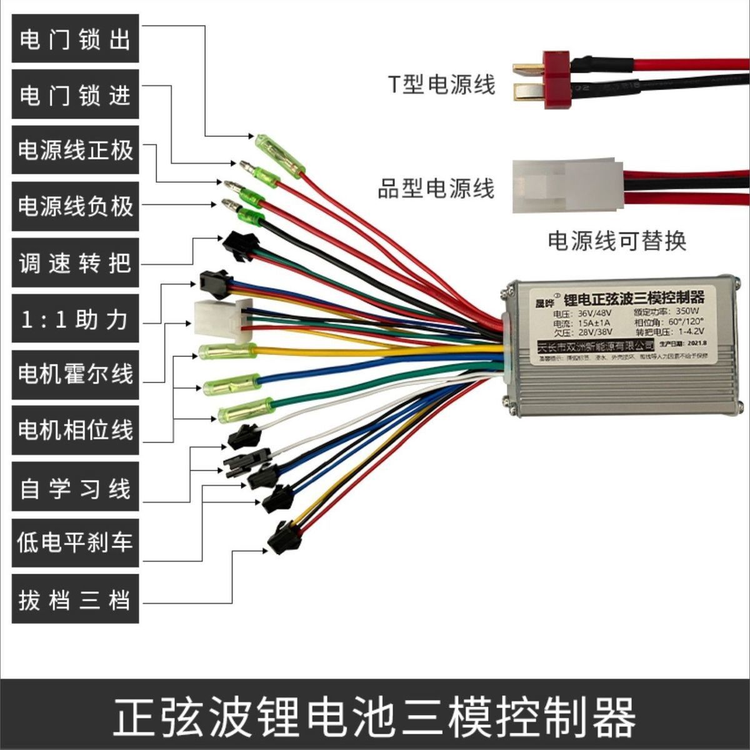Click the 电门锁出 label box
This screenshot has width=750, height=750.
75,39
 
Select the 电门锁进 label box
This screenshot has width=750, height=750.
75,94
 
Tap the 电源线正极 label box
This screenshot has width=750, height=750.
75,150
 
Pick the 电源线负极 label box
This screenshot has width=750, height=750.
75,206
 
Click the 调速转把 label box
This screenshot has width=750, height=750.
75,263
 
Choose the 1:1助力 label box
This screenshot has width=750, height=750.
75,319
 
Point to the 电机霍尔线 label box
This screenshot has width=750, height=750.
75,374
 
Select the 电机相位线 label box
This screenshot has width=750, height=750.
75,430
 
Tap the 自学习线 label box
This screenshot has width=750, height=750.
75,488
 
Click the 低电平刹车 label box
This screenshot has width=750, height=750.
75,542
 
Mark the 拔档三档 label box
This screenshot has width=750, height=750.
75,600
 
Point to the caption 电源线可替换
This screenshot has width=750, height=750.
617,241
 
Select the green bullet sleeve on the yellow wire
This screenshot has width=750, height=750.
227,351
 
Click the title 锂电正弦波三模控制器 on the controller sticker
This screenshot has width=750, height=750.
633,296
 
